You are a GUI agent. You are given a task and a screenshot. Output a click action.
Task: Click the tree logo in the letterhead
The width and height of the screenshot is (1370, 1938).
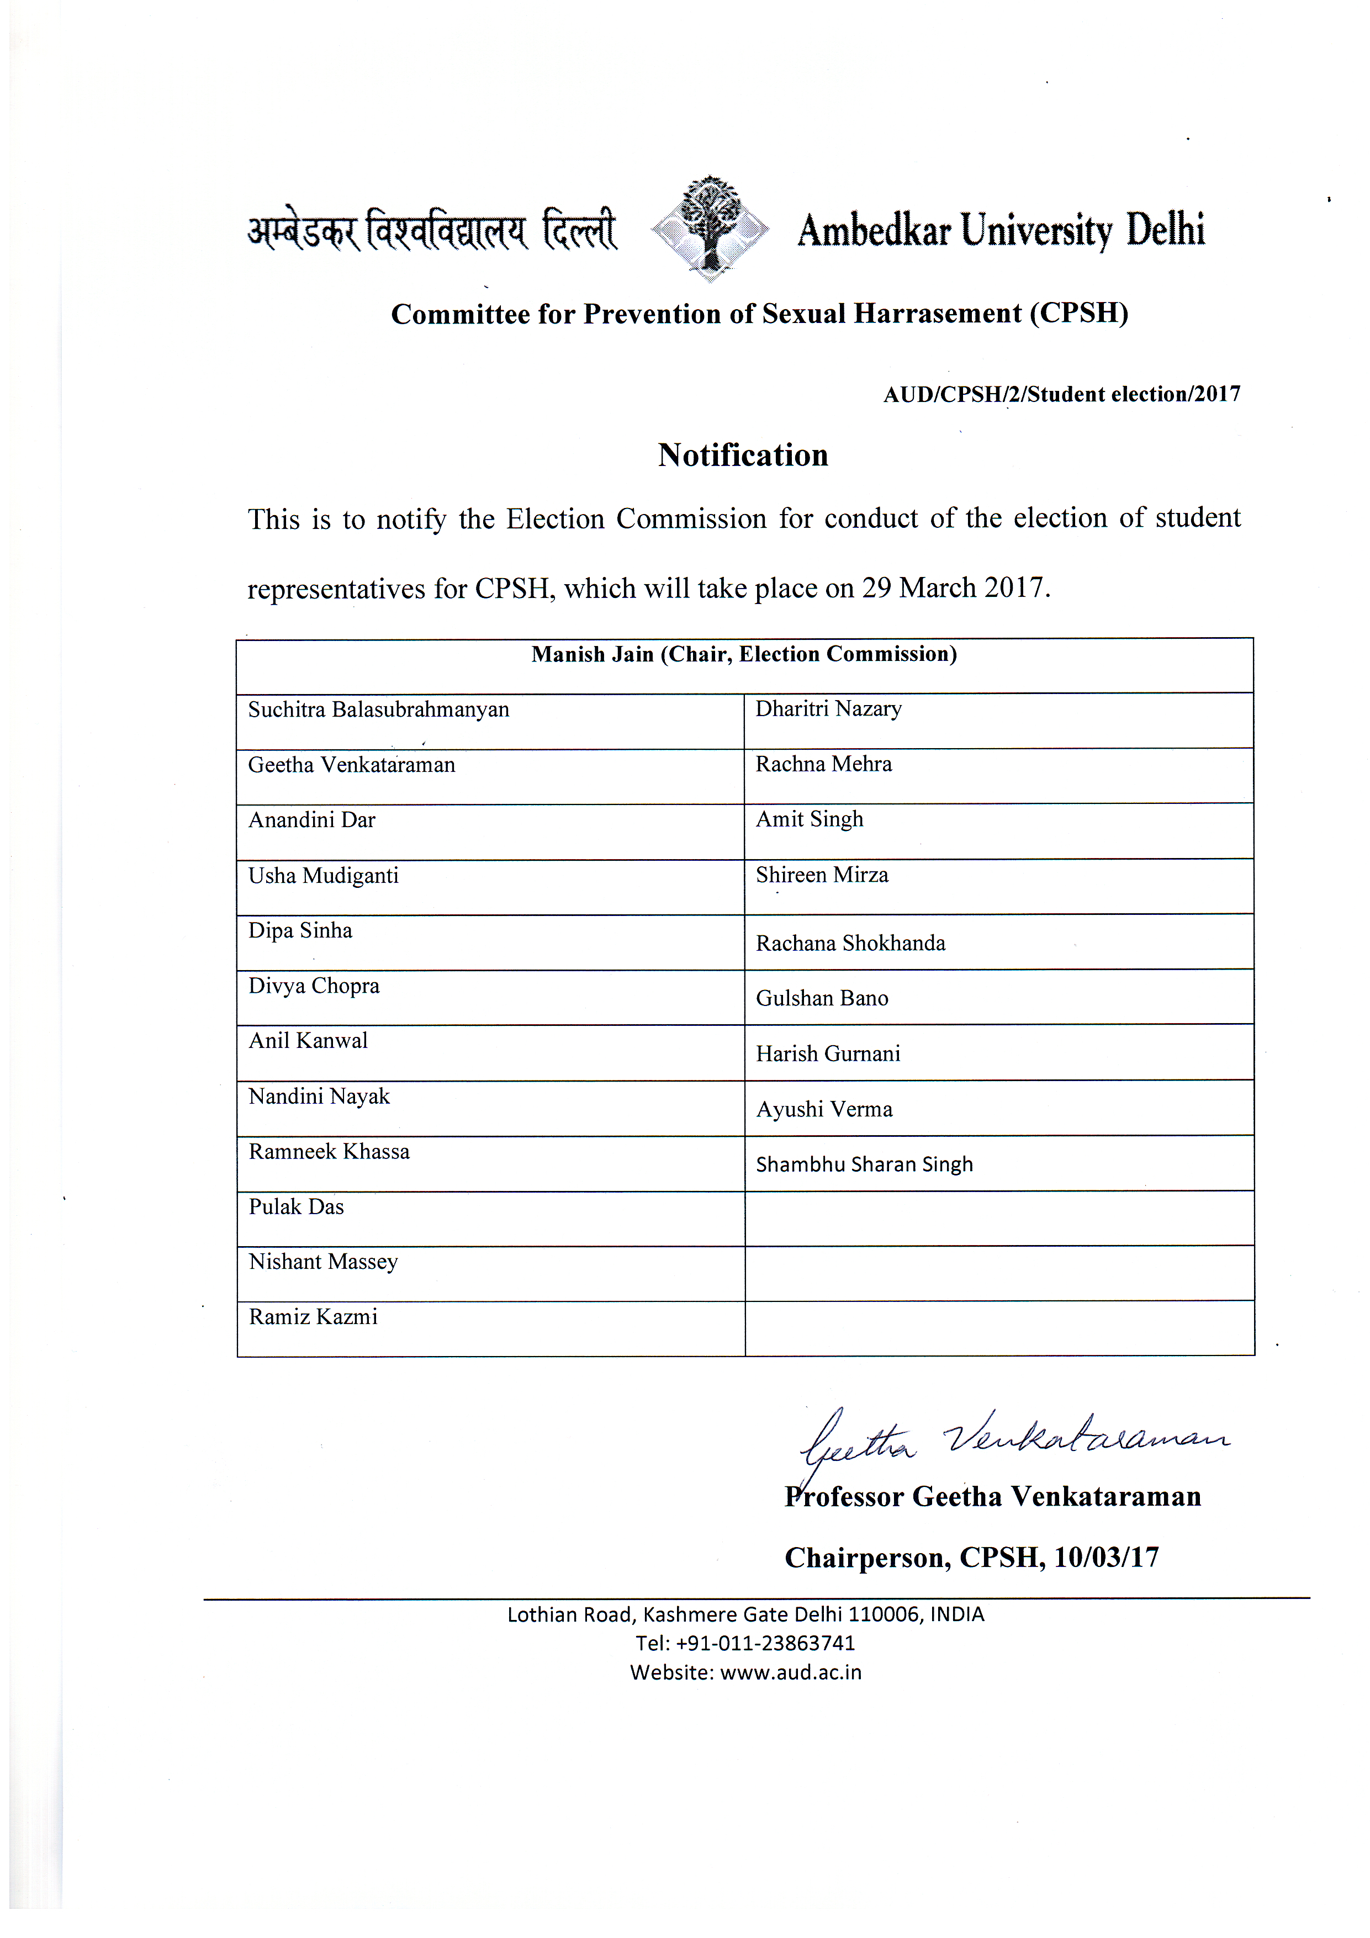pos(711,228)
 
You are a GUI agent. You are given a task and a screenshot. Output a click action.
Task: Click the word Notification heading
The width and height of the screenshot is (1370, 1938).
pos(743,455)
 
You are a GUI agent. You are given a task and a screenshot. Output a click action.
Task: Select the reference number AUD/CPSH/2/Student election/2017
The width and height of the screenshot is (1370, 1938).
pos(1061,394)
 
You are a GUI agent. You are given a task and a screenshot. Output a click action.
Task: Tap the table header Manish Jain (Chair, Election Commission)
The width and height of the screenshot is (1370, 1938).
pos(744,654)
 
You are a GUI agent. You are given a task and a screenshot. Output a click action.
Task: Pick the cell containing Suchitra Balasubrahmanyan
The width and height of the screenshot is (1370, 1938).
pos(378,710)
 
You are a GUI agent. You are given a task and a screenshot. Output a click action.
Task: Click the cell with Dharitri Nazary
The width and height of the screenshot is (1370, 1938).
pos(828,709)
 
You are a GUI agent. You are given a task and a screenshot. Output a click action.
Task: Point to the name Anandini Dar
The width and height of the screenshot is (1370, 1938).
pos(311,819)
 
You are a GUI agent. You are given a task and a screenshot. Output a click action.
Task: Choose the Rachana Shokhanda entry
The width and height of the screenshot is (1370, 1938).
pos(850,943)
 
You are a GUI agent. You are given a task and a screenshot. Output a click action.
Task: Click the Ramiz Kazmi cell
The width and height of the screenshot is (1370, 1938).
pos(313,1317)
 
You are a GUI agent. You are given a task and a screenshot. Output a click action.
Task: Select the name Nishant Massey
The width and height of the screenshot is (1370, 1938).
pos(322,1262)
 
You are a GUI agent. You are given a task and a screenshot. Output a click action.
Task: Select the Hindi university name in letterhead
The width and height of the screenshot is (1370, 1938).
pos(432,230)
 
